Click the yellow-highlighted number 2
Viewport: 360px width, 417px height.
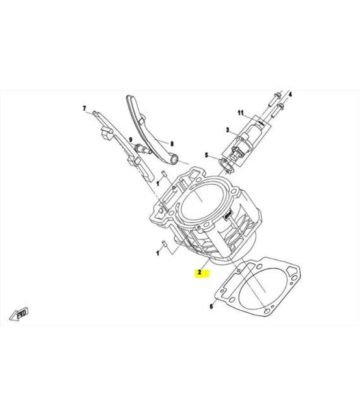tap(200, 272)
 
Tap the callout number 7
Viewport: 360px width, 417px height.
tap(85, 108)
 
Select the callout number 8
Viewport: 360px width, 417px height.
tap(172, 144)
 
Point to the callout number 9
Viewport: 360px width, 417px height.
tap(131, 140)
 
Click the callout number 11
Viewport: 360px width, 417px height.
tap(241, 113)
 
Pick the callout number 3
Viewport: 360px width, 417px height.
tap(227, 130)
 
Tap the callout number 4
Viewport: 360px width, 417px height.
tap(291, 94)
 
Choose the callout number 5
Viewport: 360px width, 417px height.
tap(207, 155)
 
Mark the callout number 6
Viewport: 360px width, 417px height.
tap(212, 306)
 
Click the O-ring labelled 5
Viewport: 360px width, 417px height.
tap(225, 166)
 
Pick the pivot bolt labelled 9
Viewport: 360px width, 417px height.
tap(143, 149)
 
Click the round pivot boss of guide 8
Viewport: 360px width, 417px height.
tap(174, 159)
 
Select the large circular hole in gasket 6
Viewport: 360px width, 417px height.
tap(263, 289)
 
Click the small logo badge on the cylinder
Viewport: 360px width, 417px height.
tap(229, 214)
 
